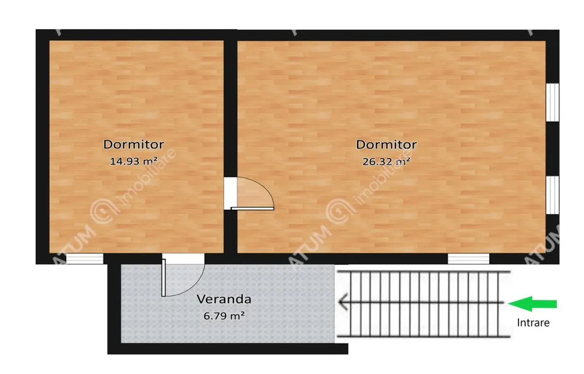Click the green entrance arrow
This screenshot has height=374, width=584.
point(532,304)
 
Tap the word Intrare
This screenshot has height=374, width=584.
point(533,323)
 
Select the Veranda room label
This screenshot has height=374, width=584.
point(224,299)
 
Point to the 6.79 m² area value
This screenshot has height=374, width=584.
point(224,316)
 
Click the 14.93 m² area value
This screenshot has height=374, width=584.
point(133,161)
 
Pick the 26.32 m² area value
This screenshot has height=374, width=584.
point(386,161)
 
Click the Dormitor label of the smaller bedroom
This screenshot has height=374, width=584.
point(134,144)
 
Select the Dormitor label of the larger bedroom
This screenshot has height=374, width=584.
point(386,144)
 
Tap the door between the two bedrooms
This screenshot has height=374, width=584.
point(253,208)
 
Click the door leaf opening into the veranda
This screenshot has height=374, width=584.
point(164,277)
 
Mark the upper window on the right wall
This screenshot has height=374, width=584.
point(552,102)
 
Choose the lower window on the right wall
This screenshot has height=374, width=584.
point(552,195)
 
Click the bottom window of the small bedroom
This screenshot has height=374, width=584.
point(85,259)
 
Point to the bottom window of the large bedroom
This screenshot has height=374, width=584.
point(469,259)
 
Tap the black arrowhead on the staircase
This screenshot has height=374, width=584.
point(343,302)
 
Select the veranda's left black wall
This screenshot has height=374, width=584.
point(114,309)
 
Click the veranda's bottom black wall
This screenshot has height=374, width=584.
point(228,349)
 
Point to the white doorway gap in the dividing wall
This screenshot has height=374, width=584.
point(231,193)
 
